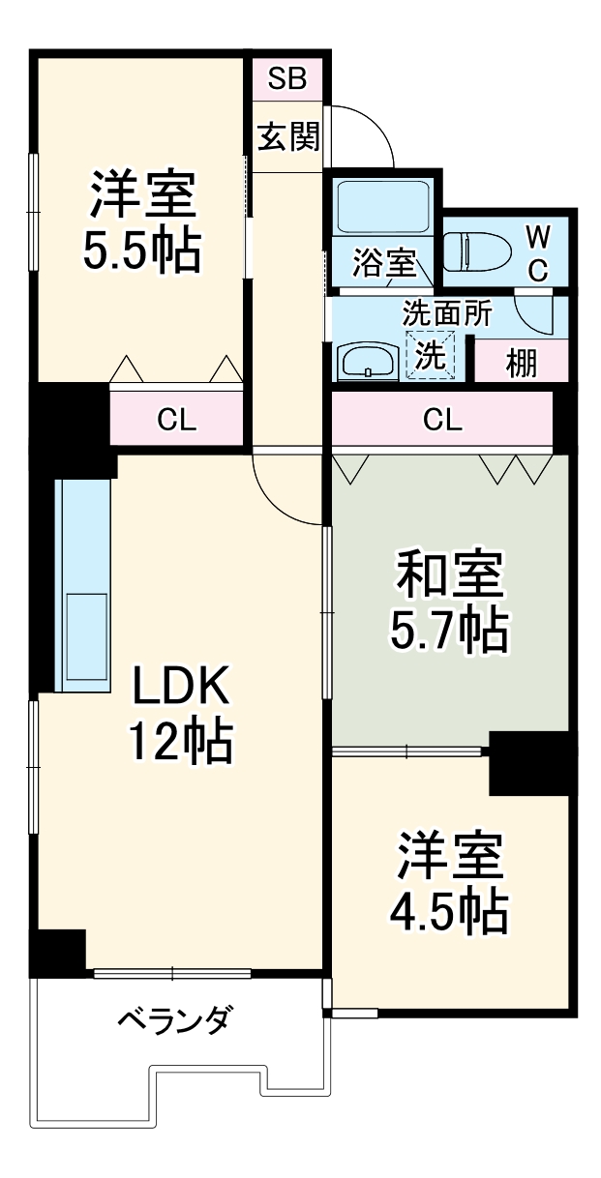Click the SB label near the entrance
286,79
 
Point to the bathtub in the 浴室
383,205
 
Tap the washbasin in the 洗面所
367,362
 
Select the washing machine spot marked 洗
429,355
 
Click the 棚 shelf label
522,365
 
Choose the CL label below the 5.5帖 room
177,420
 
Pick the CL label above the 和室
442,420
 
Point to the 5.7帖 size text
449,632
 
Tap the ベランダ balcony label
175,1019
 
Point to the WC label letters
537,251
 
